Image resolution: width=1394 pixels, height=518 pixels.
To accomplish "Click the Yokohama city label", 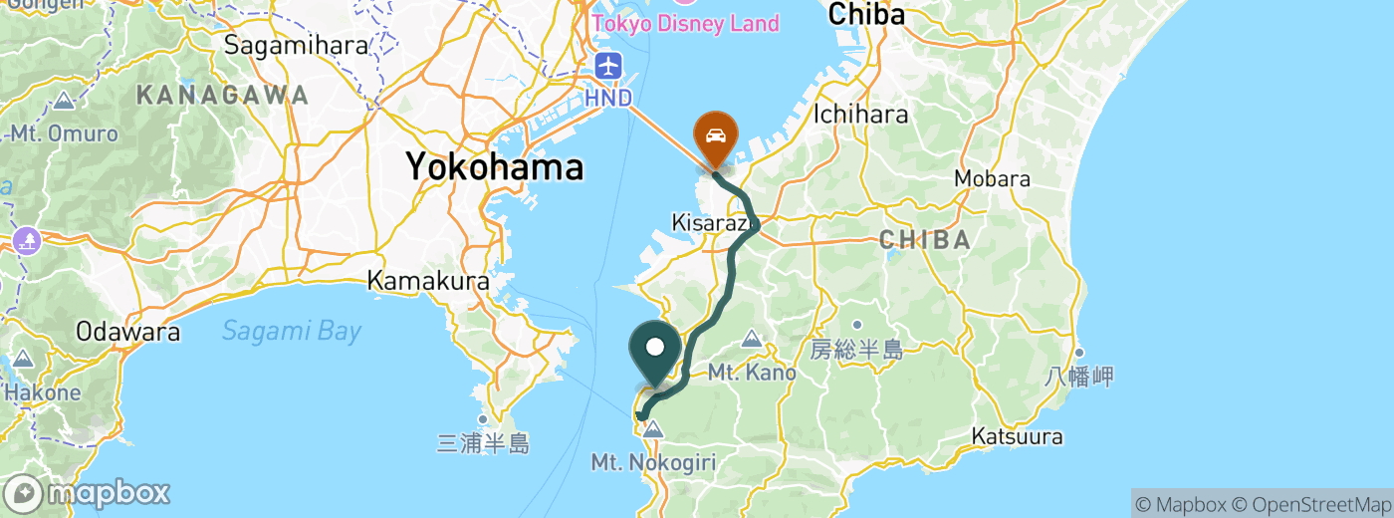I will [x=494, y=166].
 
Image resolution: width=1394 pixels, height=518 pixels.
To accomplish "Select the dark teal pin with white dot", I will [x=656, y=350].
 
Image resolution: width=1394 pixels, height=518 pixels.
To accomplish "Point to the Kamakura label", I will [x=428, y=281].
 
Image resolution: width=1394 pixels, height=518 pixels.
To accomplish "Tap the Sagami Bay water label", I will [x=291, y=331].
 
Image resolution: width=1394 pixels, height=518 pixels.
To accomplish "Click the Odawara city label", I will [x=128, y=332].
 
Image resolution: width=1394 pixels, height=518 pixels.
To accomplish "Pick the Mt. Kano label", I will [x=752, y=373].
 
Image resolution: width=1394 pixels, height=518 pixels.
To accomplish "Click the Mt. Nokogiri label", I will [x=653, y=462].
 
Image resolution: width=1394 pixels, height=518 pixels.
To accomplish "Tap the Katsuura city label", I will [x=1018, y=436].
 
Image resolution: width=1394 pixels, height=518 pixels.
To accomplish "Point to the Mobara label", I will [x=992, y=179].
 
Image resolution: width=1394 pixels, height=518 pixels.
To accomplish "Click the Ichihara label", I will [x=861, y=114].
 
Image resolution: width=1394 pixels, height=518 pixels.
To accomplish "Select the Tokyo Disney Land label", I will [x=686, y=22].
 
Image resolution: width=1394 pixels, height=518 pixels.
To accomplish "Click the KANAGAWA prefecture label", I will [x=222, y=96].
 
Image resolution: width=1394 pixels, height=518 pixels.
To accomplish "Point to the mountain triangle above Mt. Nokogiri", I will [x=653, y=430].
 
